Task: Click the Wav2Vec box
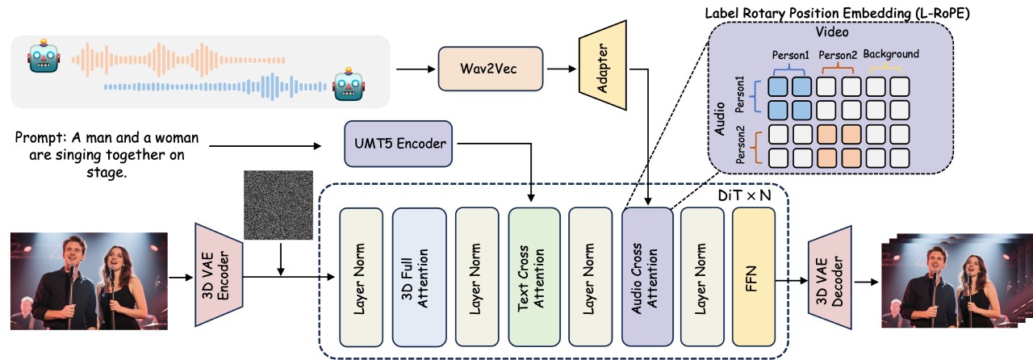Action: [489, 68]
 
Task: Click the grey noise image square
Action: [278, 205]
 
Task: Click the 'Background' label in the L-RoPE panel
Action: [891, 54]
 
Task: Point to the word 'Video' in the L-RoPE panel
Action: [831, 30]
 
